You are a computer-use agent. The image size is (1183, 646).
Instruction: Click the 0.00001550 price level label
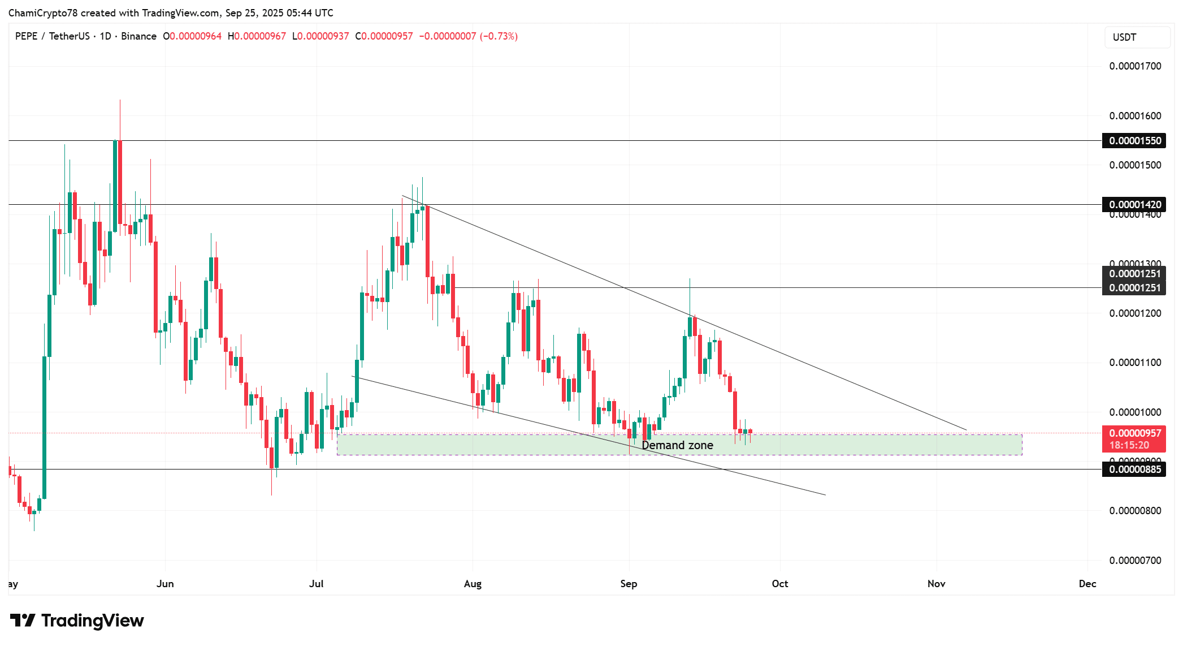[1134, 141]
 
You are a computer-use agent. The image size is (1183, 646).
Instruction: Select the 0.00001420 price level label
[1134, 204]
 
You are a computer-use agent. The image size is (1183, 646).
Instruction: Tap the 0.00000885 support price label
[1134, 470]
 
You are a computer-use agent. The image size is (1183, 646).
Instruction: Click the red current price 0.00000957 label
[1134, 434]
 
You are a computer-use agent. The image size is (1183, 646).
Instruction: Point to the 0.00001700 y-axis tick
[1135, 66]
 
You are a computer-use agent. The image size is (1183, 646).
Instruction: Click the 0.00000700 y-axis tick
[1135, 561]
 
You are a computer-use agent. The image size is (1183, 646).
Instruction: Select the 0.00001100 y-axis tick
[1135, 363]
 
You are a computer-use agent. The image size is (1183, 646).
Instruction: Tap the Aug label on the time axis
[473, 584]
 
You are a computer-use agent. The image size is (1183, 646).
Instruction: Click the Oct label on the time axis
[780, 584]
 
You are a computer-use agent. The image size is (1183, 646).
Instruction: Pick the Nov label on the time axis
[936, 584]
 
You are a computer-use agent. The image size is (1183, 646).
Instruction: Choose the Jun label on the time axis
[165, 584]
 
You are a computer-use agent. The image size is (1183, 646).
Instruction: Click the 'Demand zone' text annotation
[677, 446]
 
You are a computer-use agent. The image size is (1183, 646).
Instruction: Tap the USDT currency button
[1124, 37]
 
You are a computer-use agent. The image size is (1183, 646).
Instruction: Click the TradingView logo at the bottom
[77, 621]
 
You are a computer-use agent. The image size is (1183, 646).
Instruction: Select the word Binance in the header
[138, 36]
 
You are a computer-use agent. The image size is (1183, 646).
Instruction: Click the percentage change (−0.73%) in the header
[499, 36]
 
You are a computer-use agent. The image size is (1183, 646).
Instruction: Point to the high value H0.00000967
[257, 36]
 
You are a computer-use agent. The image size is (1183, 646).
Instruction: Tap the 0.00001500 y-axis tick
[1135, 165]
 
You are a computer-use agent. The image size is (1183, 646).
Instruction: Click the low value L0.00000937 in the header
[320, 36]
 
